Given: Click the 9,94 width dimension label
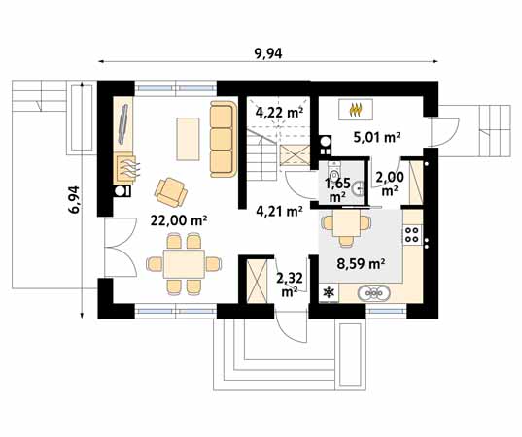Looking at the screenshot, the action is (x=268, y=53).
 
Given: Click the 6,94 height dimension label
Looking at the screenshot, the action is (x=74, y=199).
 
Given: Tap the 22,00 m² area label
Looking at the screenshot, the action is (x=179, y=220).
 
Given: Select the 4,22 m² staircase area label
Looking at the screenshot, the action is (x=279, y=113).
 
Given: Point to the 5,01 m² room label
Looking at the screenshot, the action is (x=376, y=137).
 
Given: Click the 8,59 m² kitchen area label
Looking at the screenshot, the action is (x=362, y=264).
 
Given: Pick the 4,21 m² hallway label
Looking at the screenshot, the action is (x=279, y=211).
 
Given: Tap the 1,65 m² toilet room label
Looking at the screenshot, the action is (x=338, y=190).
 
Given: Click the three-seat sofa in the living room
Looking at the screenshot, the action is (x=223, y=139).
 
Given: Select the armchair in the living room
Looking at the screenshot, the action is (x=171, y=192).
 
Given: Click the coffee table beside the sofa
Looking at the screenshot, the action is (x=188, y=139).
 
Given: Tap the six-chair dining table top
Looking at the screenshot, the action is (x=184, y=264).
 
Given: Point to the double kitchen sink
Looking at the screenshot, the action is (x=374, y=293).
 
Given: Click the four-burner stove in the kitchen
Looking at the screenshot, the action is (x=412, y=234).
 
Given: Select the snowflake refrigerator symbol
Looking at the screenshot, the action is (x=329, y=292).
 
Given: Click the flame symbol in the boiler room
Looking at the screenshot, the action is (x=356, y=110).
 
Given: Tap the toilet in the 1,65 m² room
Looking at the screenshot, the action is (x=333, y=172).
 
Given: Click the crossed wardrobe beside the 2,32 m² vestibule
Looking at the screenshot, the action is (x=257, y=281).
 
